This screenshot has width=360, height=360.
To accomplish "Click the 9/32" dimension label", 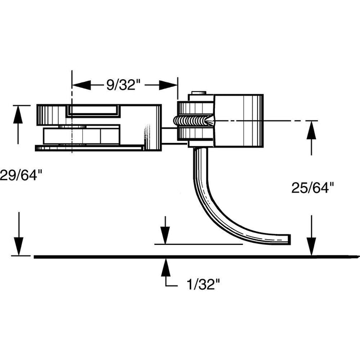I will [x=123, y=85].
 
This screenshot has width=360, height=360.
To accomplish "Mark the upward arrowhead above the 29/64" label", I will [x=19, y=113].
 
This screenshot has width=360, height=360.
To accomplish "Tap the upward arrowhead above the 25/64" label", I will [x=311, y=129].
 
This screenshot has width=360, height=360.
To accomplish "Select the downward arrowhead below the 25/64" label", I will [x=311, y=248].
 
